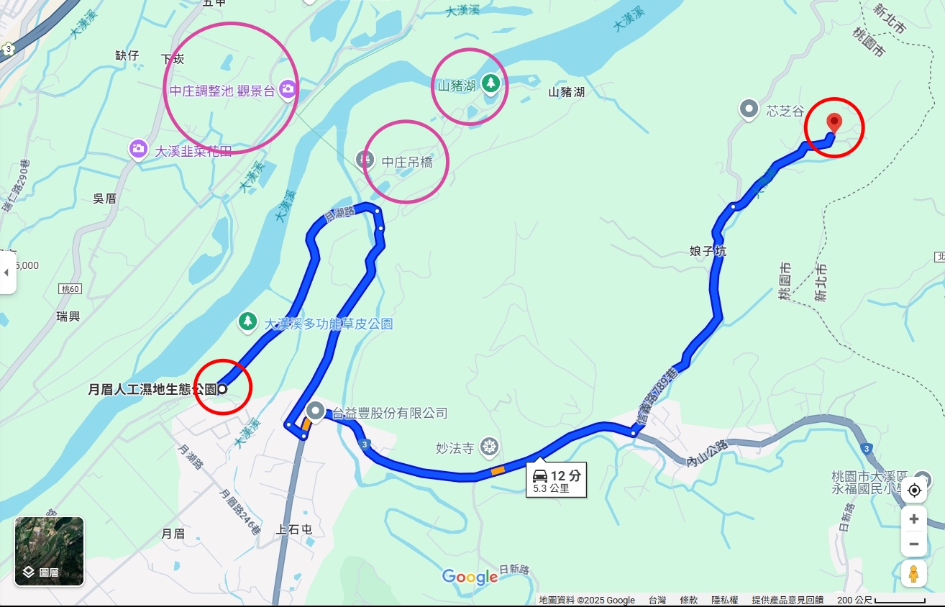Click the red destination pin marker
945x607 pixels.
pos(834,122)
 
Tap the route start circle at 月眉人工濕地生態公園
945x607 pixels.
pos(222,389)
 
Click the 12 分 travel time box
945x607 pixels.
pos(556,480)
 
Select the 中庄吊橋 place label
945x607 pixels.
pos(407,163)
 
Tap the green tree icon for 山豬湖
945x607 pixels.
pos(491,83)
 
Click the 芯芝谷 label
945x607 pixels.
pos(785,111)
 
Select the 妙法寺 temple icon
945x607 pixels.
pos(490,447)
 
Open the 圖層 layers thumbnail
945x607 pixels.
pos(49,551)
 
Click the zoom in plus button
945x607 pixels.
pos(913,519)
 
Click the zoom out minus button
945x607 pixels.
pos(913,544)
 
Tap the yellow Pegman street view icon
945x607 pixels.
pos(913,575)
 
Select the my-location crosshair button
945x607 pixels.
pos(914,490)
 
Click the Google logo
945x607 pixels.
pos(470,577)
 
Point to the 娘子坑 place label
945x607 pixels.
pos(708,252)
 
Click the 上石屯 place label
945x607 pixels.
pos(295,530)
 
